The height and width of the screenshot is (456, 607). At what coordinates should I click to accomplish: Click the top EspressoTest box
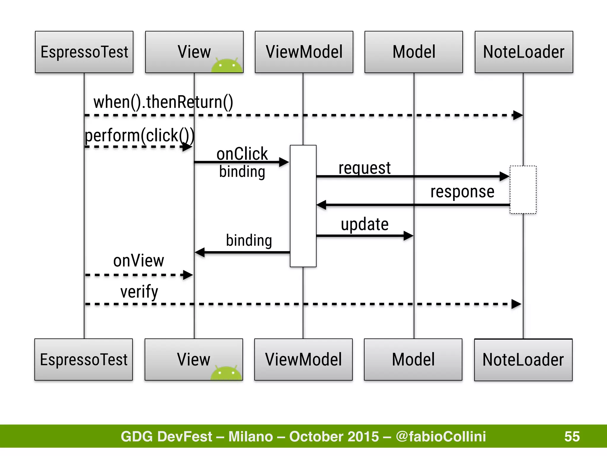tap(84, 52)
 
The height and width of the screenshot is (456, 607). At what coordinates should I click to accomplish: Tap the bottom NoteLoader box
tap(523, 360)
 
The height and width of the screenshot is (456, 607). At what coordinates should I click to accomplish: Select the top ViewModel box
tap(304, 52)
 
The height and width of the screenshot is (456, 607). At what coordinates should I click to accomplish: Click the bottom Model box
tap(413, 360)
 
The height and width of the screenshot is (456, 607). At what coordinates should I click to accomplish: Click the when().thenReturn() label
tap(163, 102)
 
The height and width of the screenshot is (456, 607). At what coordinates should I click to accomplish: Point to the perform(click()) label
tap(140, 136)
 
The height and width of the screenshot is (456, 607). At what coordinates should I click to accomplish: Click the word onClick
tap(242, 154)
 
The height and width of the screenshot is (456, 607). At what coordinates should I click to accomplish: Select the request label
tap(365, 168)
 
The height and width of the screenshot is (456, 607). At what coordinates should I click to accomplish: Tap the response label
tap(462, 192)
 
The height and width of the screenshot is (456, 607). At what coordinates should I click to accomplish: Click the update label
tap(365, 224)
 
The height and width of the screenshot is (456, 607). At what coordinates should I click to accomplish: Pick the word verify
tap(139, 292)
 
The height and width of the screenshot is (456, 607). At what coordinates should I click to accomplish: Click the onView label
tap(138, 261)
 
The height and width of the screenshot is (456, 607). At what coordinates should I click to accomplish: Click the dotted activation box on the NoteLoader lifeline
tap(523, 190)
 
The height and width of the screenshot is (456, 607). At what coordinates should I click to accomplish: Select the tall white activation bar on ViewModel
tap(303, 206)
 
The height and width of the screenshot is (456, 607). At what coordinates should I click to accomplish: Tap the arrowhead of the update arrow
tap(408, 236)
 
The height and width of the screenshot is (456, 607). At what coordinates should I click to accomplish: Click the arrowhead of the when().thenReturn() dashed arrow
tap(518, 115)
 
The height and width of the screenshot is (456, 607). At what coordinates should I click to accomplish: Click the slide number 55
tap(572, 436)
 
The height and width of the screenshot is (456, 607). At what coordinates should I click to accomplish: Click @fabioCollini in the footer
tap(441, 436)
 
